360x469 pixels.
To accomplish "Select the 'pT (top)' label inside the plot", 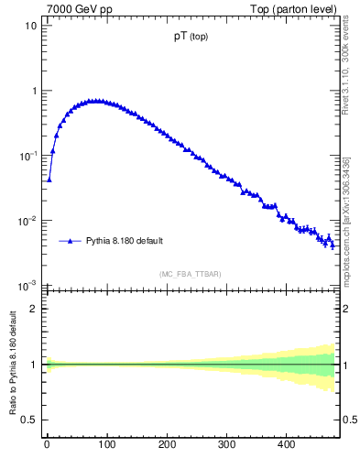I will [191, 38].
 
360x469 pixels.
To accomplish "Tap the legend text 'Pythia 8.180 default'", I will [125, 241].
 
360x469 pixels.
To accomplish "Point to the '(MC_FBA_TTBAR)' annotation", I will [191, 274].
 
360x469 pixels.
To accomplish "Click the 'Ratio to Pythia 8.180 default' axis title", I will [12, 367].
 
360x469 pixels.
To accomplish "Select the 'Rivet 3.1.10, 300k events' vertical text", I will [347, 74].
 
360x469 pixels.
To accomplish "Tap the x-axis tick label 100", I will [106, 445].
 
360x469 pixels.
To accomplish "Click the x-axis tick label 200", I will [167, 445].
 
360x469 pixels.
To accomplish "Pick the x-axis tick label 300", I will [226, 445].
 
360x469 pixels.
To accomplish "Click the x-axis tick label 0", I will [47, 445].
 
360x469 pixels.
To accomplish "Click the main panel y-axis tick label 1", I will [34, 91].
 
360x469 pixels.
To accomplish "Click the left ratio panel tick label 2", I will [34, 309].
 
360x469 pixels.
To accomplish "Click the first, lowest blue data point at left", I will [49, 180].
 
